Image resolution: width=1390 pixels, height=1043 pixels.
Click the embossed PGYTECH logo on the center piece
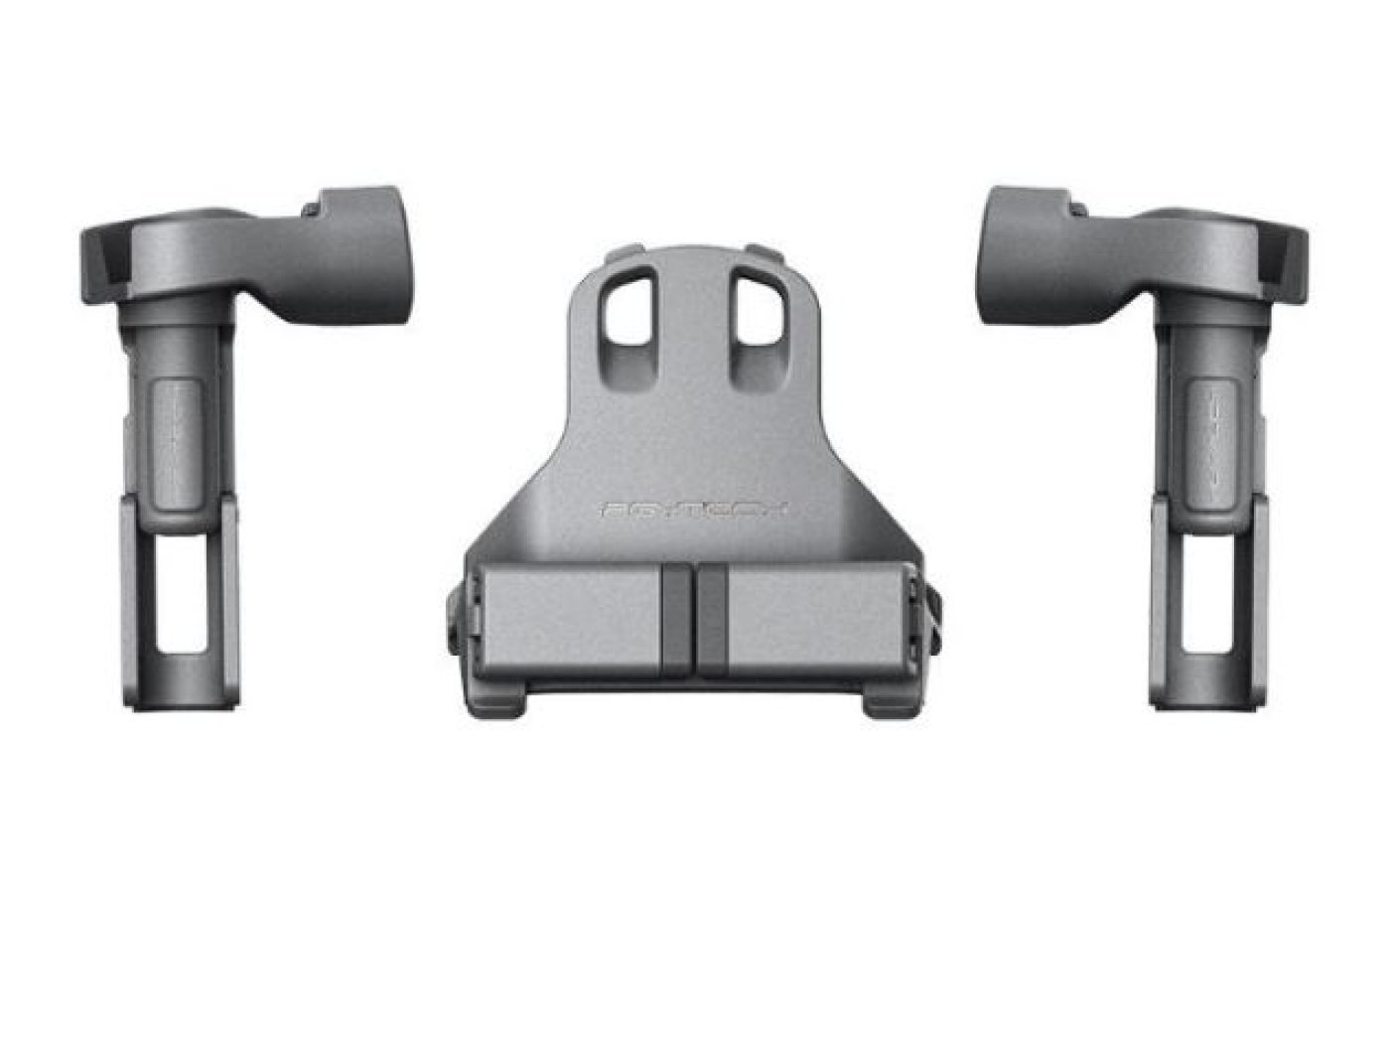pos(695,509)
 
